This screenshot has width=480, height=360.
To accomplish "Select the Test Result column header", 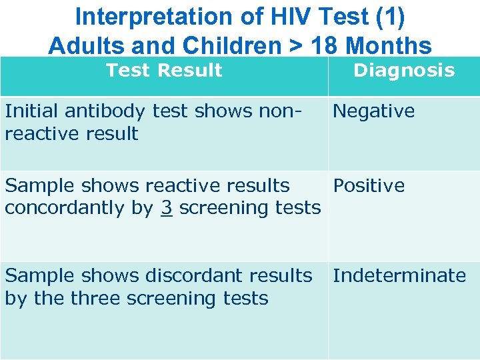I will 164,71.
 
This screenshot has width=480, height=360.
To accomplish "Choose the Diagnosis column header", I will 404,71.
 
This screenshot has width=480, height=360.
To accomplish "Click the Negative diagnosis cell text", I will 373,111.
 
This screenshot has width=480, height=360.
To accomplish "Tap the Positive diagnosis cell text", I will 369,185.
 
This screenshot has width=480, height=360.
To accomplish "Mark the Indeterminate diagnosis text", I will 399,275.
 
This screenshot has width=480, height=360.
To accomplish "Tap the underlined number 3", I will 166,208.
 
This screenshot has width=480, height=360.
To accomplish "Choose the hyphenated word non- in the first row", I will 279,111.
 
